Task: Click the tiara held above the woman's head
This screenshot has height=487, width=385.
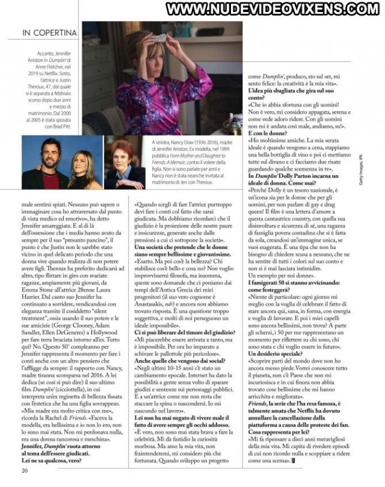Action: click(x=158, y=37)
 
